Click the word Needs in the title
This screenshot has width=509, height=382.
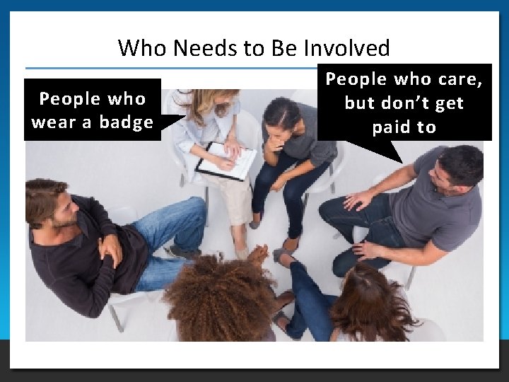point(197,48)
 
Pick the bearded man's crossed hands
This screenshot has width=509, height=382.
point(111,248)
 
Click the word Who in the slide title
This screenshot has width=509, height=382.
point(139,48)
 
